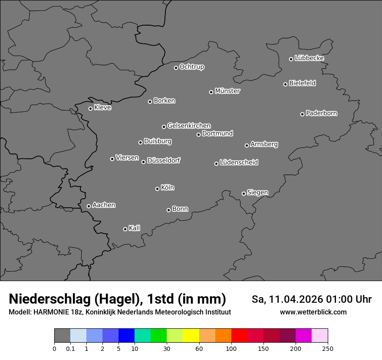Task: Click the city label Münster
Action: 227,91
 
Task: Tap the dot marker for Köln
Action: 157,189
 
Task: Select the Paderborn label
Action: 322,113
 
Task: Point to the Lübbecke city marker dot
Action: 291,59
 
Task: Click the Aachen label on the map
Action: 104,205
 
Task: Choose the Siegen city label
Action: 257,193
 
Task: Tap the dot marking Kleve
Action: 90,108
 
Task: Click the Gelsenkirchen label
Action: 189,126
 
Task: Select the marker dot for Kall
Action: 125,229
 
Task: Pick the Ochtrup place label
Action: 192,67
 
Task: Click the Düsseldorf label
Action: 164,160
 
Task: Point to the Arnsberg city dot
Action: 247,145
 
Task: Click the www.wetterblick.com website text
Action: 313,312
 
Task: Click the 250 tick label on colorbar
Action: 328,349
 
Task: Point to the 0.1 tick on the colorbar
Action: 70,349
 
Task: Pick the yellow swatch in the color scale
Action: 191,336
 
